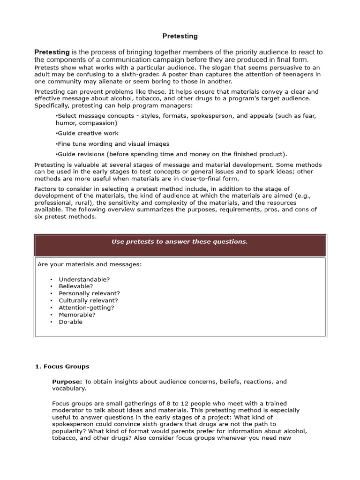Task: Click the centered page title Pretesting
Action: (x=180, y=36)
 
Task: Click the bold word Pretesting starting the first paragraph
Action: (x=52, y=52)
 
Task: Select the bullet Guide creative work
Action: (x=87, y=133)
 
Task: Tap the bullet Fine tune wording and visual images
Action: (x=112, y=144)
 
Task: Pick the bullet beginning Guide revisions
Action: (x=172, y=154)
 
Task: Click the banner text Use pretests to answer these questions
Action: (x=180, y=242)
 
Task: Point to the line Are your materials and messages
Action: (x=90, y=264)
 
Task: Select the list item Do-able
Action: (x=70, y=322)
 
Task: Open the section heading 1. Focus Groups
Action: (x=62, y=367)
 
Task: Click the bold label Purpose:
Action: (x=67, y=382)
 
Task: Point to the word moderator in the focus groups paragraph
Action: (x=68, y=411)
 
